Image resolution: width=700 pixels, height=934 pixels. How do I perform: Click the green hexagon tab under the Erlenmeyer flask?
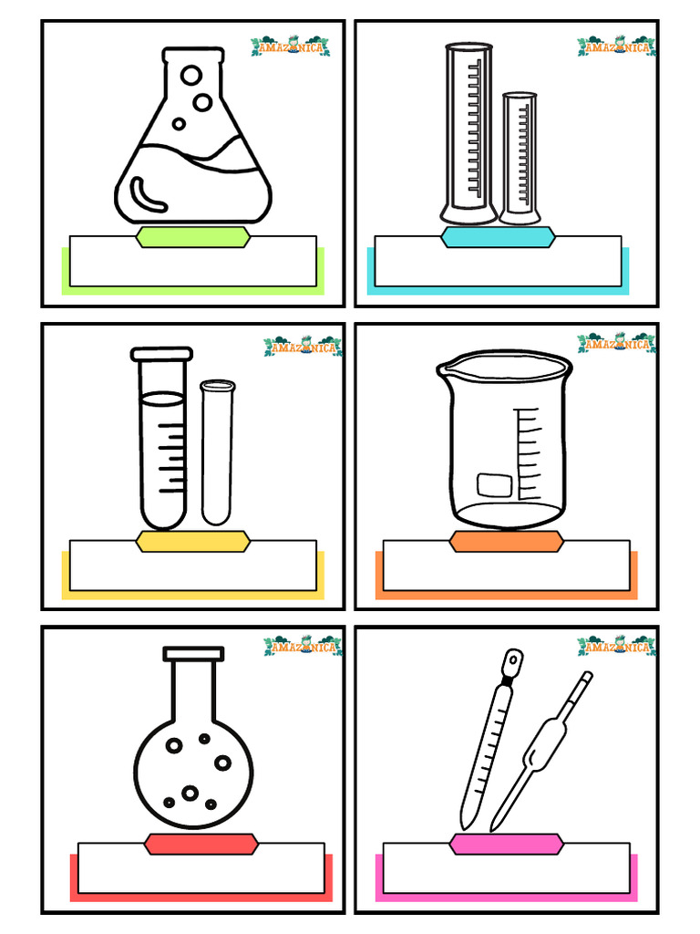[x=192, y=238]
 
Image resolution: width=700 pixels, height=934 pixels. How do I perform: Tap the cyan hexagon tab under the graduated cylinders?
[x=499, y=238]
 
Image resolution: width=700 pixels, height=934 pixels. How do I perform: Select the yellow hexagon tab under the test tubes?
[x=192, y=541]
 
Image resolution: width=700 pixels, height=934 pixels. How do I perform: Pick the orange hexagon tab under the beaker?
[x=506, y=542]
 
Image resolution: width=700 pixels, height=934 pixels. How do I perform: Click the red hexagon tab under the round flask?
[x=201, y=845]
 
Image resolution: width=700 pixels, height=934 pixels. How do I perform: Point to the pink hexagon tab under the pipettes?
[x=506, y=845]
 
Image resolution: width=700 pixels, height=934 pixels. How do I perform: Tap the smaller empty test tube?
[x=217, y=451]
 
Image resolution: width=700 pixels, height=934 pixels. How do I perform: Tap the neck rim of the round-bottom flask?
[x=193, y=654]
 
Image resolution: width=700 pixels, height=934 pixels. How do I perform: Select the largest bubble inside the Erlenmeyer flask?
[x=192, y=75]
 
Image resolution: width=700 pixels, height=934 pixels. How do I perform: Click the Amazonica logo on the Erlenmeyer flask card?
[x=290, y=47]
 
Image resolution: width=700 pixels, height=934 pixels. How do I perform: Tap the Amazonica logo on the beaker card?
[x=615, y=344]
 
